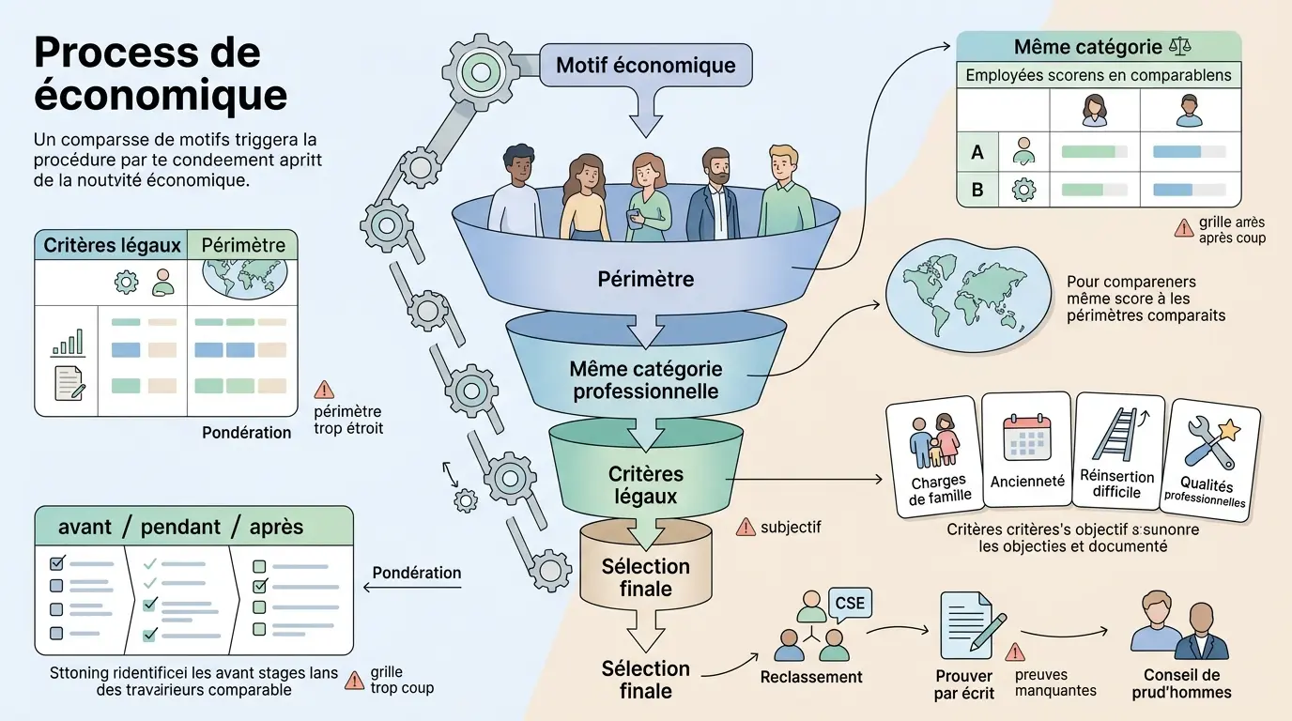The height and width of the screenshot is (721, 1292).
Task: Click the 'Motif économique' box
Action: [645, 66]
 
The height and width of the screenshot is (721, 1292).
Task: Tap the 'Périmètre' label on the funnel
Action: [645, 279]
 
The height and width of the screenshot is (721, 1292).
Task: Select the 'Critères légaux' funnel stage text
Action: [645, 484]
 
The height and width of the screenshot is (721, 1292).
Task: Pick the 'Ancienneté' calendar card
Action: [1027, 454]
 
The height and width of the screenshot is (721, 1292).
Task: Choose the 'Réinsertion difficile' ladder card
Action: [1117, 456]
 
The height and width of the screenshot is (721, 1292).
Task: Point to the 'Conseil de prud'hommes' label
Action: [1181, 683]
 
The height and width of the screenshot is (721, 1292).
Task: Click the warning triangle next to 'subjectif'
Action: [746, 528]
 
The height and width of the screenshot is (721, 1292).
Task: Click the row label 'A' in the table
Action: [977, 151]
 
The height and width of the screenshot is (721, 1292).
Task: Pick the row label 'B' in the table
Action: [977, 190]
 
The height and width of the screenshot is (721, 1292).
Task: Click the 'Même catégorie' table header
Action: [1088, 47]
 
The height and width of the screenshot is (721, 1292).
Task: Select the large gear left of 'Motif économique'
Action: [481, 70]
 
